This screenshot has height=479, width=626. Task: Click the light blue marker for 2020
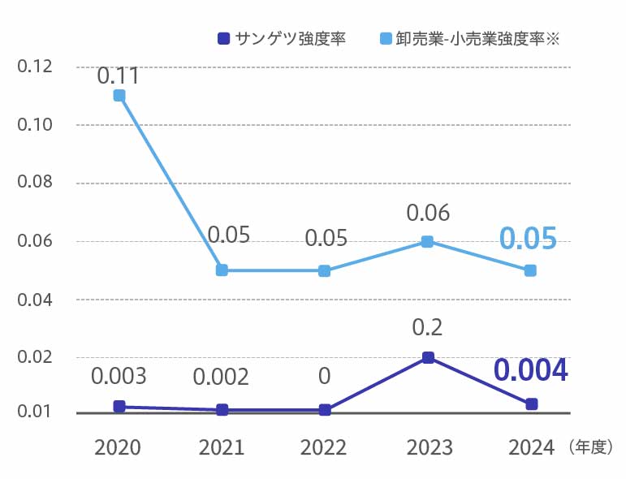119,95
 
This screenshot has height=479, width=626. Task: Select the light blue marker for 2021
222,270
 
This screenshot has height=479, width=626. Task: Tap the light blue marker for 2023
427,241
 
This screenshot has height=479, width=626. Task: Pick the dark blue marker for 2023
428,357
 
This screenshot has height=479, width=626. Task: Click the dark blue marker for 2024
531,403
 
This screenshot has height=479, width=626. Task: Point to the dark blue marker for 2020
119,406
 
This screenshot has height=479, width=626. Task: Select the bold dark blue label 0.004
530,370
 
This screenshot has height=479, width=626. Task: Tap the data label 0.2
427,327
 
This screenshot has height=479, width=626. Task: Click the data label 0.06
427,214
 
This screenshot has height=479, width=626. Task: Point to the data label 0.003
119,377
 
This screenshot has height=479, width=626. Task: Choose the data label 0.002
222,377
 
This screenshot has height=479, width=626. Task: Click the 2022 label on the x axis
324,447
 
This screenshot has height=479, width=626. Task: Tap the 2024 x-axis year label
530,447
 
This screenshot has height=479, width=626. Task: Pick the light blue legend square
386,38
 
